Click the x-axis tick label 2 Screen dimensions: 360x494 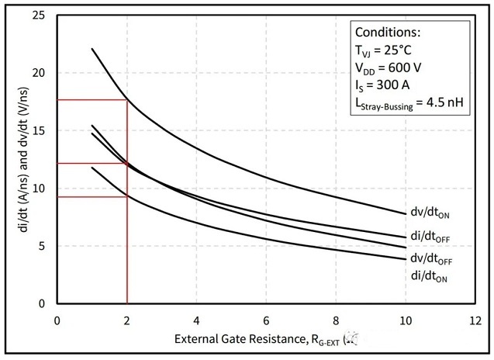pyautogui.click(x=126, y=320)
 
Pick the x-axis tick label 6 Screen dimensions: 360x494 pyautogui.click(x=266, y=320)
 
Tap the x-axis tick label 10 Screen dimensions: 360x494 pyautogui.click(x=406, y=320)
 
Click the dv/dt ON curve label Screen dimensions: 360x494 pyautogui.click(x=428, y=213)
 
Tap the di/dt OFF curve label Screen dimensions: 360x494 pyautogui.click(x=428, y=234)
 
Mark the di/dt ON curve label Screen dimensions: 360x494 pyautogui.click(x=428, y=275)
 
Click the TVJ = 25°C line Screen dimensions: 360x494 pyautogui.click(x=385, y=50)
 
